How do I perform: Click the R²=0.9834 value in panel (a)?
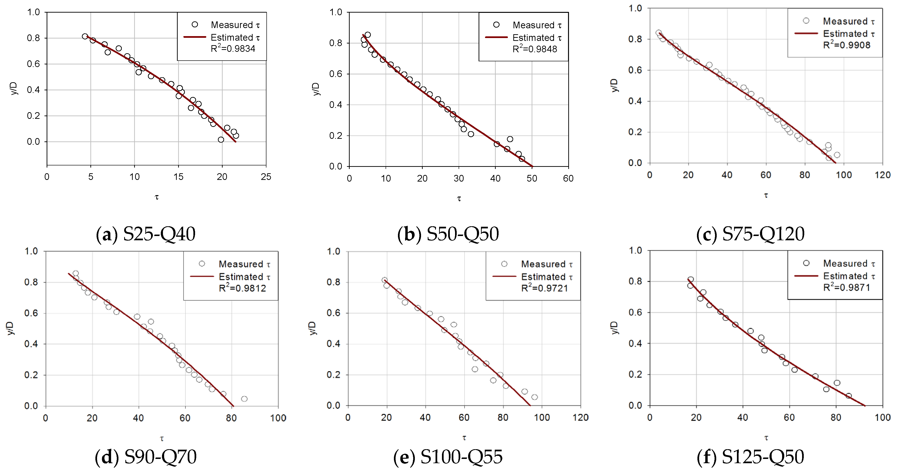click(233, 48)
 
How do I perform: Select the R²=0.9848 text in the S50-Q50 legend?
click(535, 49)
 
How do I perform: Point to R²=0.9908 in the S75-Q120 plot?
click(847, 45)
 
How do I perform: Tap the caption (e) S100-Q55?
click(448, 457)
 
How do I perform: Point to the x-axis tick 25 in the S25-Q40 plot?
click(266, 177)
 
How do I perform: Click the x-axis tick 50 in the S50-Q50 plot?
click(532, 178)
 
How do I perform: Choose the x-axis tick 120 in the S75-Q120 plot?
click(882, 175)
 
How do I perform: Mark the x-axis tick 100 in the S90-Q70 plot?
click(278, 418)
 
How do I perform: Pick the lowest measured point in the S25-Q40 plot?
click(221, 140)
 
